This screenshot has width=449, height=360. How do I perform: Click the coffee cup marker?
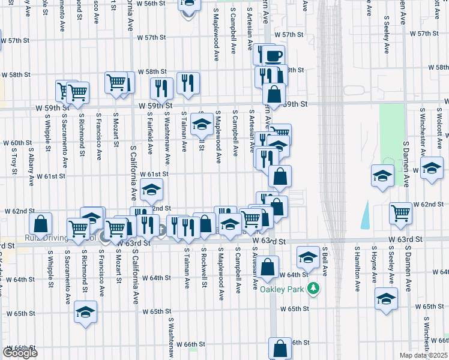click(x=273, y=56)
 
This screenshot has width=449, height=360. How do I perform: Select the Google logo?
click(x=19, y=352)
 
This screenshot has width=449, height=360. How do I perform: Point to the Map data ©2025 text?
click(x=424, y=355)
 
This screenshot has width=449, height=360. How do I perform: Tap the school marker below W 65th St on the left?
click(x=86, y=313)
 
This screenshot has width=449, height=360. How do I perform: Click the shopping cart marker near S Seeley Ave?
click(x=400, y=212)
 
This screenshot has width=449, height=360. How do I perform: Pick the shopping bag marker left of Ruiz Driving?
click(x=40, y=224)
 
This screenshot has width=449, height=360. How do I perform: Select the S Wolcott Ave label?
click(x=439, y=130)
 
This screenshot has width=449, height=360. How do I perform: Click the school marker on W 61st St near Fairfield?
click(x=152, y=190)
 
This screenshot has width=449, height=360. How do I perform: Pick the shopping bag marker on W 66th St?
click(x=280, y=348)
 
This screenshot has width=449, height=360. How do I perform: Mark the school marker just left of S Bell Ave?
click(x=308, y=258)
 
